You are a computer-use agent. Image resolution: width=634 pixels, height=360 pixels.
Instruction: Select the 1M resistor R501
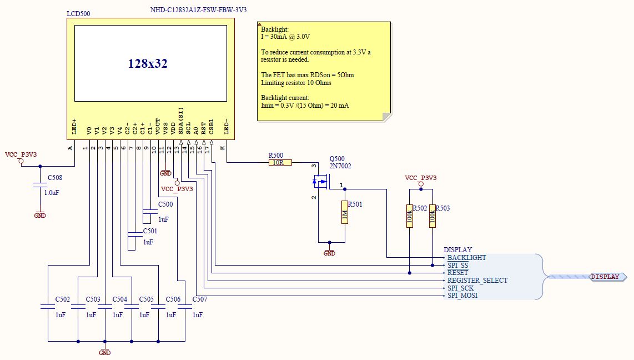pos(345,212)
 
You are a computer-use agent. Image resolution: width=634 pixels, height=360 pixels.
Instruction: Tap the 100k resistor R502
pos(410,216)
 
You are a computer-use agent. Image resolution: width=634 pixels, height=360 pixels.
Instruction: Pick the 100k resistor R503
pos(432,216)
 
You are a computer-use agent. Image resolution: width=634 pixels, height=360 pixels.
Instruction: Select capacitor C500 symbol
pos(150,212)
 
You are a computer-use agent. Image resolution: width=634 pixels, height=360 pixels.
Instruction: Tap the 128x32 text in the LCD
pos(148,64)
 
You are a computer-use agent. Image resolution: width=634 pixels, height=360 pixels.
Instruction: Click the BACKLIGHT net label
pos(466,258)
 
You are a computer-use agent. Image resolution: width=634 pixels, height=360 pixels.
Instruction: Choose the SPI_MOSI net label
pos(462,296)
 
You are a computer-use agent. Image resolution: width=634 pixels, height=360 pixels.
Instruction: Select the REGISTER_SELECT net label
pos(477,281)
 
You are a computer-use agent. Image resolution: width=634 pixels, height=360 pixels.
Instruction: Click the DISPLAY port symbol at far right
pos(605,277)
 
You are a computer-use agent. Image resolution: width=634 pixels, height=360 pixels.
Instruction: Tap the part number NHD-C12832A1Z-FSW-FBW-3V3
pos(198,10)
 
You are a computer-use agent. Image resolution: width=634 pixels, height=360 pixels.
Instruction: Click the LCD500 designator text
pos(78,13)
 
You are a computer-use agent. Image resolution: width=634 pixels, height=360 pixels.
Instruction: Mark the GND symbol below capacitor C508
pos(40,214)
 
